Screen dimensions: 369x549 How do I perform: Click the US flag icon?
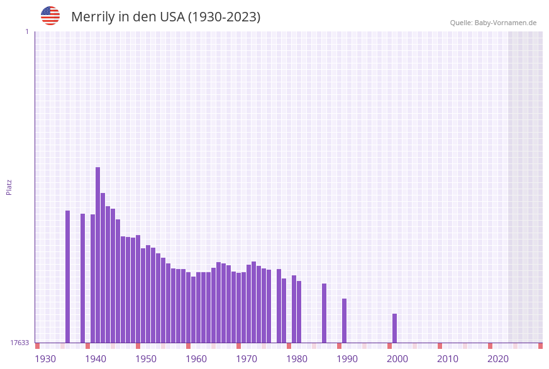(x=50, y=16)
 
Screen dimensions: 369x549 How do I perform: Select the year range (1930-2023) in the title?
(x=224, y=17)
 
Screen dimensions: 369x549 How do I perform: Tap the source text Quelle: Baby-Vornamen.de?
(x=493, y=23)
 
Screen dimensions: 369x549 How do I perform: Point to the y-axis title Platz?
(x=9, y=187)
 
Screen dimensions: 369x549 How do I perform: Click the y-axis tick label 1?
(x=26, y=31)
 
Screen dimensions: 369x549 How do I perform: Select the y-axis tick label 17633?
(x=19, y=343)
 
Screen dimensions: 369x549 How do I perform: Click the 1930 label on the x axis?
(x=45, y=359)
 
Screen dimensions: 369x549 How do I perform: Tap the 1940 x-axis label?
(x=96, y=359)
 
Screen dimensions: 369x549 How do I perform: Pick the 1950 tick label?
(x=146, y=359)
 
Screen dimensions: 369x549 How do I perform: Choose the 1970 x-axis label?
(x=247, y=359)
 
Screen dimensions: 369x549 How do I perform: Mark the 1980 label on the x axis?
(x=297, y=359)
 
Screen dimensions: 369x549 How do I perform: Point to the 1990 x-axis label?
(x=347, y=359)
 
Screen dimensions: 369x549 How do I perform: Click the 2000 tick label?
(x=397, y=359)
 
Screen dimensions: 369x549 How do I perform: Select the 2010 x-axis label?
(x=448, y=359)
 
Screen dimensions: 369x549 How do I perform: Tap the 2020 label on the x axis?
(x=498, y=359)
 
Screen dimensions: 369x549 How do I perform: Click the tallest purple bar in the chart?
(x=98, y=255)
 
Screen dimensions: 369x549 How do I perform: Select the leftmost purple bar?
(x=68, y=277)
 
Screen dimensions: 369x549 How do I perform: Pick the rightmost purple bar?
(x=395, y=328)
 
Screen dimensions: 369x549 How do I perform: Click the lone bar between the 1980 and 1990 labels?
(x=324, y=313)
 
